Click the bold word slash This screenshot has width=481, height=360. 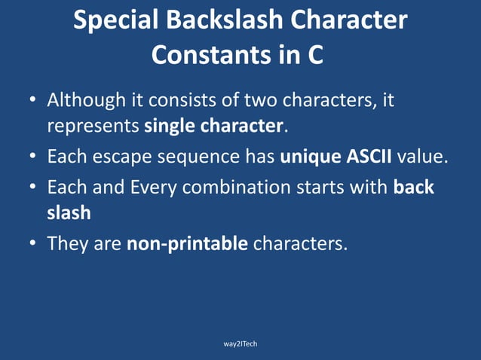[x=69, y=212]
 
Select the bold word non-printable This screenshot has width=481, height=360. [x=187, y=244]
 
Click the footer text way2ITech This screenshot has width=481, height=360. [x=240, y=343]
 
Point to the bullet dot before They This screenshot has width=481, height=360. [x=33, y=244]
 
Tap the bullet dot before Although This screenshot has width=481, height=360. [x=33, y=100]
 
